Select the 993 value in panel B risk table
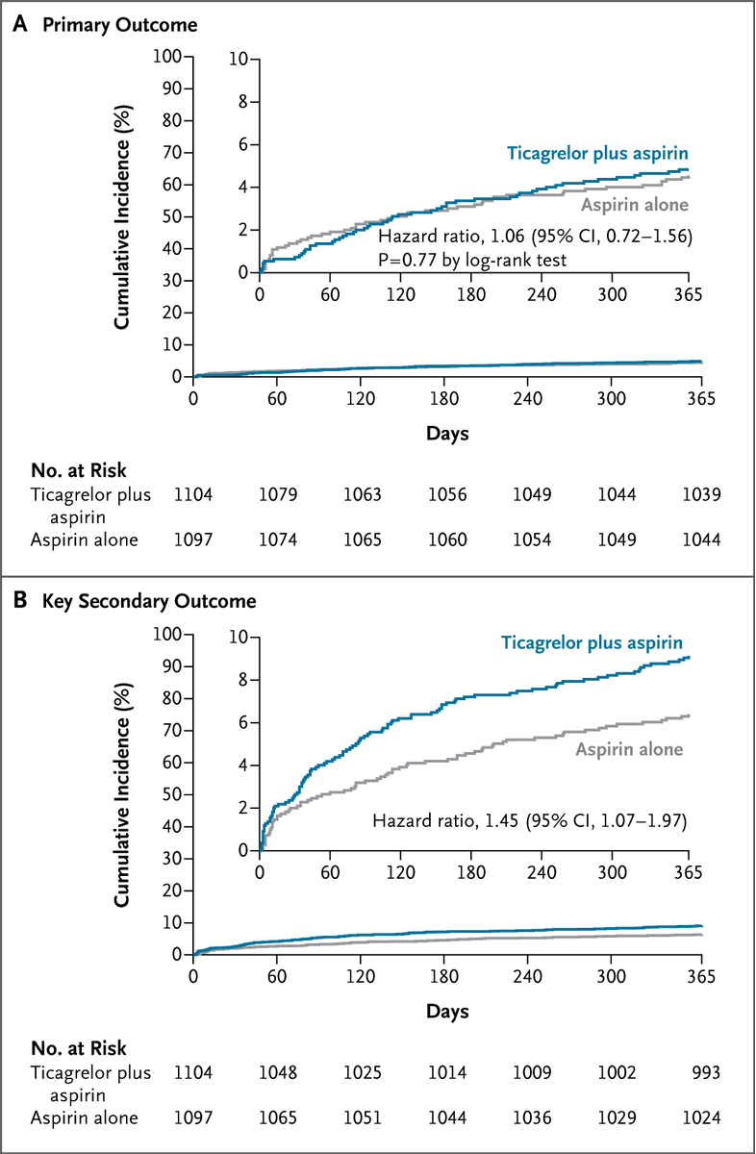point(702,1071)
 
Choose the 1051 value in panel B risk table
point(362,1116)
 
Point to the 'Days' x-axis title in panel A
point(447,434)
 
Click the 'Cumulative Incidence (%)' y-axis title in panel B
point(123,793)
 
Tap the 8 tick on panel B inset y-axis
point(246,680)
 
